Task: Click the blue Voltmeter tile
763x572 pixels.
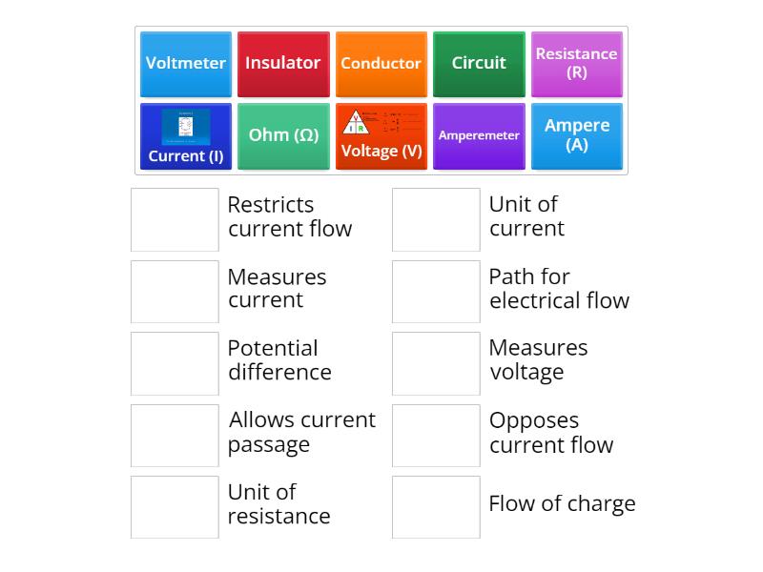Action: (x=186, y=64)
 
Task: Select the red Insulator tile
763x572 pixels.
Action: (x=283, y=64)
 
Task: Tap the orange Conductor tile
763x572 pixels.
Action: (x=381, y=64)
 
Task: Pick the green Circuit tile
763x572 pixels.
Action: (x=479, y=64)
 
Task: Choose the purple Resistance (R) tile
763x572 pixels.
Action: (x=576, y=64)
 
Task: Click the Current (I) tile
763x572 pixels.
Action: (x=186, y=136)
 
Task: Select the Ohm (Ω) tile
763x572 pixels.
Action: (x=283, y=136)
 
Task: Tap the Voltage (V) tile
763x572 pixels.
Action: (x=381, y=136)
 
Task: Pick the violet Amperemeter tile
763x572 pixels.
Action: (x=479, y=136)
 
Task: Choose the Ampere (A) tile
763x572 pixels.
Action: (x=576, y=136)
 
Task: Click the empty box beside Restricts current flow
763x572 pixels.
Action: (x=175, y=219)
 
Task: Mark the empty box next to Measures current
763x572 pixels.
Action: (x=175, y=292)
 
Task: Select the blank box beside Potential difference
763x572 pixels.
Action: (x=175, y=363)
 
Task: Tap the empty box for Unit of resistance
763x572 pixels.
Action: (x=175, y=507)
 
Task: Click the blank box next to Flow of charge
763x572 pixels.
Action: (x=436, y=507)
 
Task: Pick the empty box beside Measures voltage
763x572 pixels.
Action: (x=436, y=363)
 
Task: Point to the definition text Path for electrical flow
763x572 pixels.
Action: (x=559, y=289)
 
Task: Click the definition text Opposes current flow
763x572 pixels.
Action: (x=550, y=433)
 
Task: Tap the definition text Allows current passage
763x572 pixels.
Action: (x=301, y=432)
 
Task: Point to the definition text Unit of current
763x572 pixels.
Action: (x=526, y=216)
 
